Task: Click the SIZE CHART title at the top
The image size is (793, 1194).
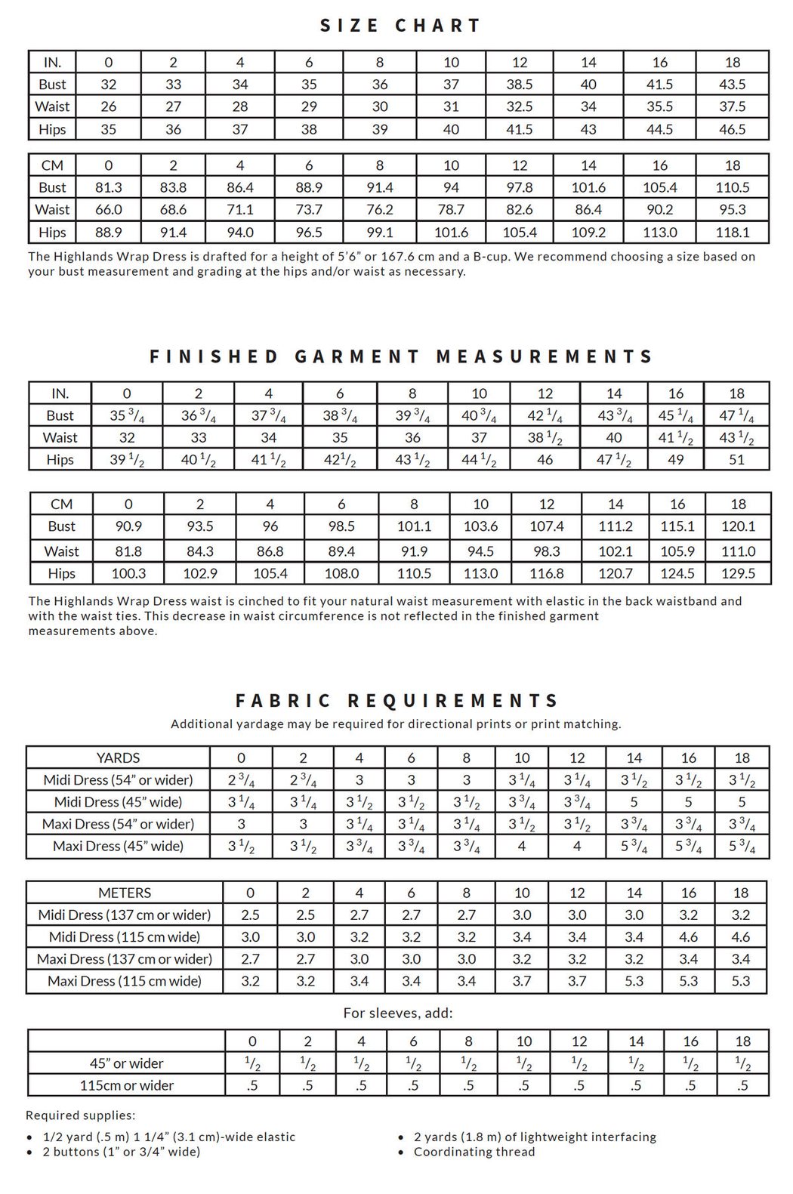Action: (x=400, y=26)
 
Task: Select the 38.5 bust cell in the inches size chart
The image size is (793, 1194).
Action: (x=520, y=85)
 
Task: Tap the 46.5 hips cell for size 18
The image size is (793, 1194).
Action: (x=732, y=129)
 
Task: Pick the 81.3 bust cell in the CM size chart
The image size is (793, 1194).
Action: (x=109, y=187)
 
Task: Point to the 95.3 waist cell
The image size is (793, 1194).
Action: (x=732, y=209)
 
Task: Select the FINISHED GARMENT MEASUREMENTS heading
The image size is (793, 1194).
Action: (x=400, y=356)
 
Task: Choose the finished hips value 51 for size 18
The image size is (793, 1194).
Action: (x=736, y=459)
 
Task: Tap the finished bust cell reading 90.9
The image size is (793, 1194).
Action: (x=128, y=526)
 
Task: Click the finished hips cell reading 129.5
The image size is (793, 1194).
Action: (x=738, y=573)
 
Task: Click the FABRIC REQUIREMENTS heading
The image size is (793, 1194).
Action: (x=397, y=701)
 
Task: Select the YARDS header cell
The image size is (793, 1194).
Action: (x=118, y=757)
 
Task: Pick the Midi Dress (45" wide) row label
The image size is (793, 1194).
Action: (x=118, y=802)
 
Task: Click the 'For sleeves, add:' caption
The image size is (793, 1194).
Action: (x=398, y=1013)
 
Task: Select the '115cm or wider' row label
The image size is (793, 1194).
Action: (x=127, y=1085)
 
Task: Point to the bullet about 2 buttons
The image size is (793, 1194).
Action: (x=121, y=1152)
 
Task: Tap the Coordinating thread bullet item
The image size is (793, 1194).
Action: (x=474, y=1152)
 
